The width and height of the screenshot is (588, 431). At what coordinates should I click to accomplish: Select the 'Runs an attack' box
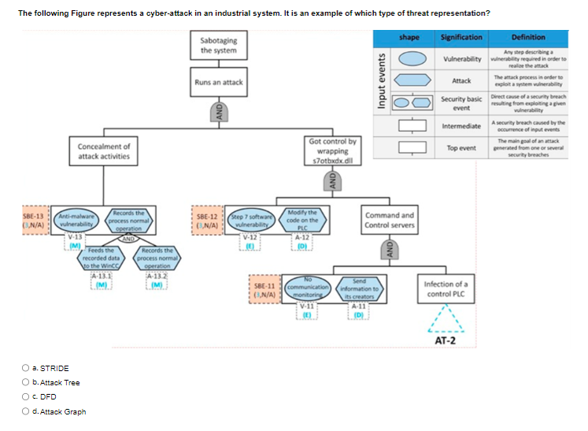[219, 82]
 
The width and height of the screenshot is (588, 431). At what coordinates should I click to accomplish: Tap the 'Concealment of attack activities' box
[105, 151]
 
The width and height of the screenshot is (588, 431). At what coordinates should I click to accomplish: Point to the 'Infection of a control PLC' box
[446, 288]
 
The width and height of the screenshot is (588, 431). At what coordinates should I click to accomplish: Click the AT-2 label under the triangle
[446, 341]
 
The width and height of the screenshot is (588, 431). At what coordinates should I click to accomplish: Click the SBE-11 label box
[264, 290]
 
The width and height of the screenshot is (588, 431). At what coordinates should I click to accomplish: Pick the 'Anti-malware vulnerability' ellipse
[77, 221]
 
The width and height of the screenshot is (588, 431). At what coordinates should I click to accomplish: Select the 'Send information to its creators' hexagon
[359, 289]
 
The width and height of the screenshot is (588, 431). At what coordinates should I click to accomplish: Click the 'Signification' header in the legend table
[461, 37]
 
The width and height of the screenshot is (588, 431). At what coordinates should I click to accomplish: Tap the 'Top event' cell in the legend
[461, 148]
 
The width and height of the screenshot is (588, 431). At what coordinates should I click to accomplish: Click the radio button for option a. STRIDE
[27, 368]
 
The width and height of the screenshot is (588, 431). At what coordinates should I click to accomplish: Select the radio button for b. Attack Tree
[27, 383]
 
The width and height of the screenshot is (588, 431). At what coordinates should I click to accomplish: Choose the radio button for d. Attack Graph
[27, 411]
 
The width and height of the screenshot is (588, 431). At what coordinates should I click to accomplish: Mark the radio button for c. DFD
[27, 397]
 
